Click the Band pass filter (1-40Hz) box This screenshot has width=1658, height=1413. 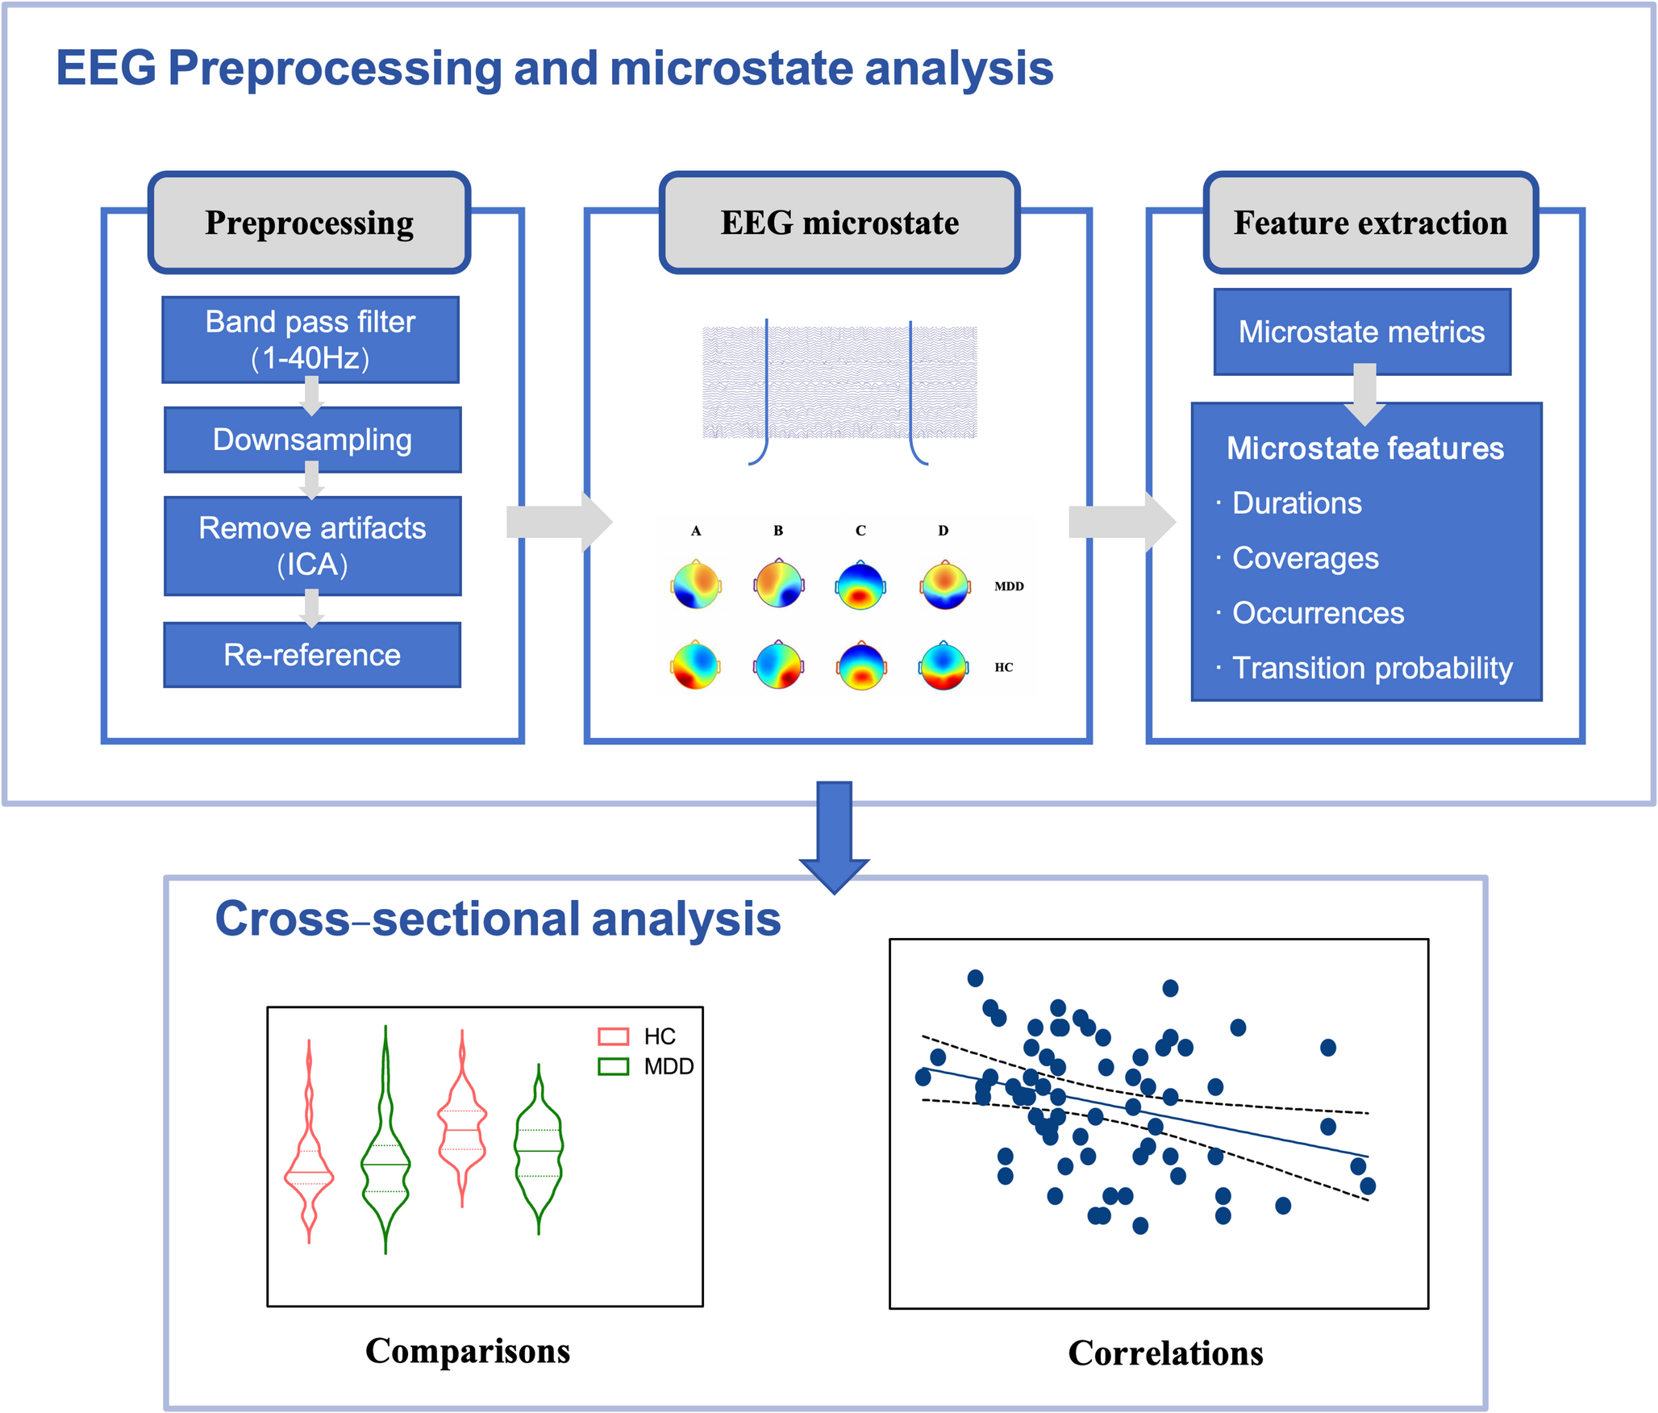tap(310, 340)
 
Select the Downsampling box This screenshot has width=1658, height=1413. tap(312, 440)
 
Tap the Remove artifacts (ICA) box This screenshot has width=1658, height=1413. tap(312, 546)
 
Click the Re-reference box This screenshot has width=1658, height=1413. tap(312, 655)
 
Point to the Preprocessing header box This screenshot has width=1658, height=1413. tap(310, 223)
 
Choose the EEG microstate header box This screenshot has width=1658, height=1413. tap(839, 223)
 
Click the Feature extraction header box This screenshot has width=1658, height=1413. tap(1370, 223)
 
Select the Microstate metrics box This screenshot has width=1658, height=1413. tap(1362, 331)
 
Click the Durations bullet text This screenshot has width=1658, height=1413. tap(1297, 503)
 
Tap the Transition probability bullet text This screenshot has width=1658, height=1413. tap(1373, 669)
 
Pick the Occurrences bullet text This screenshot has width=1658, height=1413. tap(1318, 613)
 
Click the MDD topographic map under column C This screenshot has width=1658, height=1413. tap(860, 585)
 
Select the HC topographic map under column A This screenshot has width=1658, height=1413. tap(695, 665)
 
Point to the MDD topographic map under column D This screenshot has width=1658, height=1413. tap(944, 585)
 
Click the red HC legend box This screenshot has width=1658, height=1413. tap(613, 1036)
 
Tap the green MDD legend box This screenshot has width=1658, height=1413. tap(613, 1067)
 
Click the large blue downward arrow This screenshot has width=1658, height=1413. tap(834, 836)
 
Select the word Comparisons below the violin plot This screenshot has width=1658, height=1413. tap(468, 1352)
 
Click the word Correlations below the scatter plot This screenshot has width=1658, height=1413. tap(1165, 1353)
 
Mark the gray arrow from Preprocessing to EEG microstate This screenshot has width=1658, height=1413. tap(559, 522)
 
